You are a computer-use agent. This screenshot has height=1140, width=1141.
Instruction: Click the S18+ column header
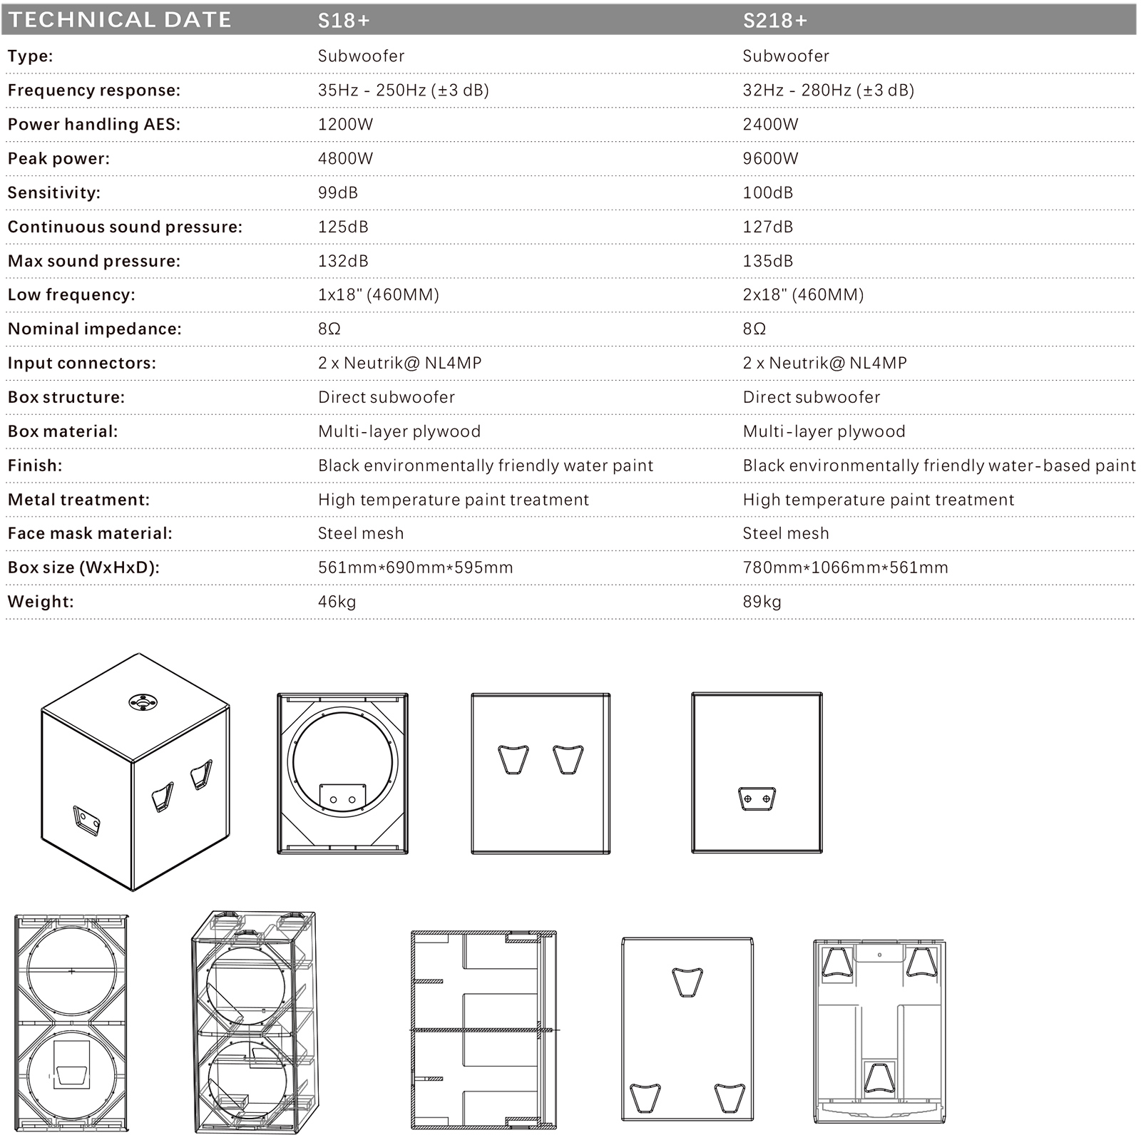coord(344,20)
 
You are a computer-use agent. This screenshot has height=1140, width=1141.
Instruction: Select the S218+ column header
coord(774,20)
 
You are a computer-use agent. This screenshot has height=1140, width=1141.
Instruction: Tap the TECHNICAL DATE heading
coord(120,19)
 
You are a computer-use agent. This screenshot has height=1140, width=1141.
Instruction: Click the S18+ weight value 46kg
coord(337,602)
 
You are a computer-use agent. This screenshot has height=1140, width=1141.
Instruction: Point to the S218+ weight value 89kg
coord(762,602)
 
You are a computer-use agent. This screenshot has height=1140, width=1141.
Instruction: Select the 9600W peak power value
coord(770,158)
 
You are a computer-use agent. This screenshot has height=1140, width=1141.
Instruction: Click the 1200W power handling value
coord(345,124)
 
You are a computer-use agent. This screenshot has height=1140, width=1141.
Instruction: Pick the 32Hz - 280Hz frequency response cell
coord(828,90)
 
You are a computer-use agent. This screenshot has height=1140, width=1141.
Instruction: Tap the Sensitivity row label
coord(54,192)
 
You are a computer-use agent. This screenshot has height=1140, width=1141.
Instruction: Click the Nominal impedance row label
coord(95,329)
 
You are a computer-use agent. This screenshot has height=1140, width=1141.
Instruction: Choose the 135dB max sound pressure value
coord(767,261)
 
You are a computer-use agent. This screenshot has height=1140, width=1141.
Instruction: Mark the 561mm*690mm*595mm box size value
coord(415,568)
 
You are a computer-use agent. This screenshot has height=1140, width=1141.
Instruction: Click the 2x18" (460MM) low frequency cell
coord(803,294)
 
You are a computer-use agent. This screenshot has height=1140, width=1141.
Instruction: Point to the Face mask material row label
coord(90,533)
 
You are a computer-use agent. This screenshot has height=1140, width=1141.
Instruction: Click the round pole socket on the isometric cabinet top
coord(143,702)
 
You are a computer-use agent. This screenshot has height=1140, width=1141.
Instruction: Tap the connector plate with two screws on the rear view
coord(757,798)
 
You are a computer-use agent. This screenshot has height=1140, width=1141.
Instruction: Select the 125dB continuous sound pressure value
coord(343,227)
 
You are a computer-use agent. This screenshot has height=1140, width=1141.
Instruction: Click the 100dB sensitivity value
coord(767,192)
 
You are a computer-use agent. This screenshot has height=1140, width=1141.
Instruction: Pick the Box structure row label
coord(66,397)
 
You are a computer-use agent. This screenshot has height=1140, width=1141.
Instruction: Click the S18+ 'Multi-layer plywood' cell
coord(399,431)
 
